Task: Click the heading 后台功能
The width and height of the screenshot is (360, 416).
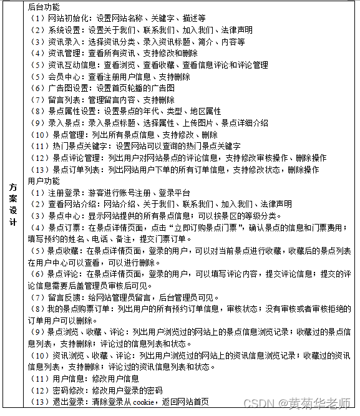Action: tap(44, 7)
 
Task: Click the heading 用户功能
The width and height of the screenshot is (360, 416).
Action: tap(44, 181)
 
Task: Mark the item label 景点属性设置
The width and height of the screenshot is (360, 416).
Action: tap(71, 111)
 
